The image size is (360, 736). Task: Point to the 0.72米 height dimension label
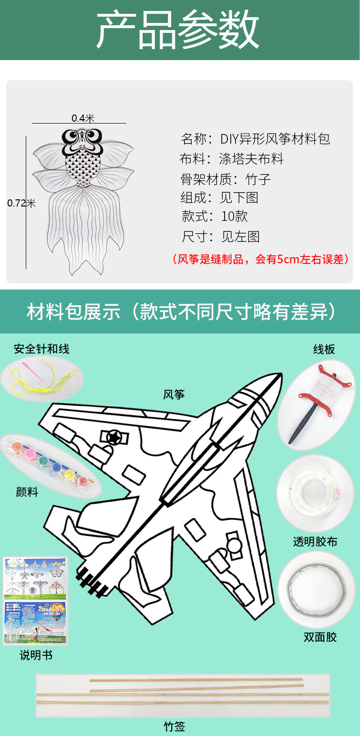(x=21, y=203)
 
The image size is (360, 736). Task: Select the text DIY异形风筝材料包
(x=275, y=139)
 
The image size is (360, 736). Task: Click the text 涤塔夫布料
(x=251, y=159)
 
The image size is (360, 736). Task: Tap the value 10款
(x=235, y=216)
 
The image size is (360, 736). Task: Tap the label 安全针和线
(x=41, y=349)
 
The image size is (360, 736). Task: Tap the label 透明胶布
(x=315, y=541)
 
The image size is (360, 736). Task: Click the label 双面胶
(x=320, y=637)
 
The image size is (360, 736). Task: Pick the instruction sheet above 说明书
(x=36, y=600)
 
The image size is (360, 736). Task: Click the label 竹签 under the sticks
(x=174, y=726)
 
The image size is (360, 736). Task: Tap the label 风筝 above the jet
(x=174, y=394)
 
